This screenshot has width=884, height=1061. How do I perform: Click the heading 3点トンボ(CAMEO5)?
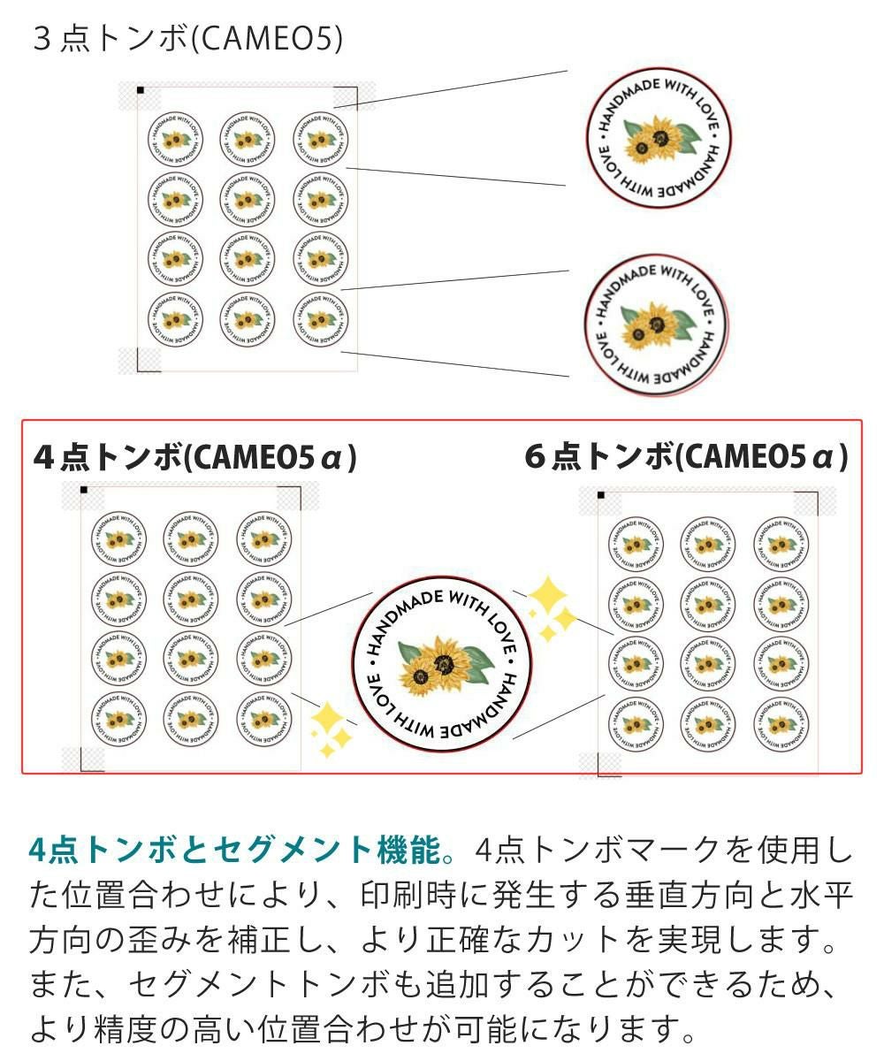coord(187,39)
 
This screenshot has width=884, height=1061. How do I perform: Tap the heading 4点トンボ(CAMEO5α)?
coord(194,457)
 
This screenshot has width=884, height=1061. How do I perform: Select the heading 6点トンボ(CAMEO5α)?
coord(686,457)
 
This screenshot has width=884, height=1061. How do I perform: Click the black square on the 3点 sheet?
coord(140,89)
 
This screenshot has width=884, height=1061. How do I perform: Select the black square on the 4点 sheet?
coord(83,489)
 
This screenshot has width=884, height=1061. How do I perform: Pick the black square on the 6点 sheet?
coord(600,495)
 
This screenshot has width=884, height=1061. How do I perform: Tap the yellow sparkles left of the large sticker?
coord(330,730)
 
